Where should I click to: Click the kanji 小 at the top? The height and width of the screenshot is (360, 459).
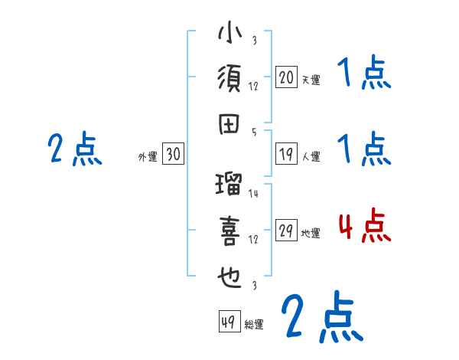(230, 34)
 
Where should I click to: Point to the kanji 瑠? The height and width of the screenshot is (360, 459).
(230, 186)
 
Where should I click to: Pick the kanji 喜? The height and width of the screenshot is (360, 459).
(230, 232)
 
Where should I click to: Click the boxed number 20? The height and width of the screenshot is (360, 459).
(287, 77)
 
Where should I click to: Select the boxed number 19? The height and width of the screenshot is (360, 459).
(287, 154)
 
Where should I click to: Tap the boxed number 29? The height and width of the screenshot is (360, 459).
(287, 232)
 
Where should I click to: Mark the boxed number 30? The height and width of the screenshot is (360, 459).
(173, 155)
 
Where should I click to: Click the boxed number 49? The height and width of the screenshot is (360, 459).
(229, 322)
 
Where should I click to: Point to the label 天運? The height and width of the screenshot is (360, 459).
(311, 80)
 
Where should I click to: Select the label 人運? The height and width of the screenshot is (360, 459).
(311, 157)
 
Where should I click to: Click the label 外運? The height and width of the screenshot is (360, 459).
(147, 157)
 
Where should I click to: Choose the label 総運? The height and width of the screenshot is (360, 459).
(253, 325)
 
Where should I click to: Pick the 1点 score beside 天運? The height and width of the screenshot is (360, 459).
(364, 75)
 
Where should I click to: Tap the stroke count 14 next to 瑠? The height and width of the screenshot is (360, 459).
(254, 194)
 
